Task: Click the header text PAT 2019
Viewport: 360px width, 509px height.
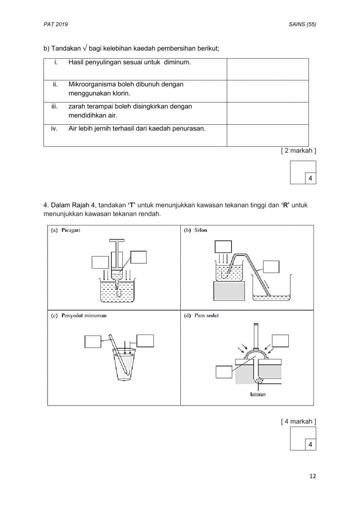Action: (55, 24)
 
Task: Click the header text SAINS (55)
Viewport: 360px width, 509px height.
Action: (302, 24)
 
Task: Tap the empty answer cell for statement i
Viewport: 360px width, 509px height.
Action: (267, 69)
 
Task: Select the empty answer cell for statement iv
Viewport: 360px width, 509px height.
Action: (267, 135)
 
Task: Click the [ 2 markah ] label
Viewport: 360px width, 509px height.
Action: (298, 151)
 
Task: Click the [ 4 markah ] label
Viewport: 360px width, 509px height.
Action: (298, 421)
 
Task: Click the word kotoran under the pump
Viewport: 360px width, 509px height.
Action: (258, 394)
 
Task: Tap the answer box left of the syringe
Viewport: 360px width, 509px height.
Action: (100, 262)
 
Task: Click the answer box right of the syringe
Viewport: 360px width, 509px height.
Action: (139, 257)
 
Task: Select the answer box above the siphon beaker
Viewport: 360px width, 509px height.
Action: (223, 247)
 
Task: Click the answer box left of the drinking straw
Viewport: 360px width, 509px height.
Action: (93, 341)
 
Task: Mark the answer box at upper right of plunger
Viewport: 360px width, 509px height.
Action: (280, 341)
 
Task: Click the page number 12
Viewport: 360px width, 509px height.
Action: (312, 476)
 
